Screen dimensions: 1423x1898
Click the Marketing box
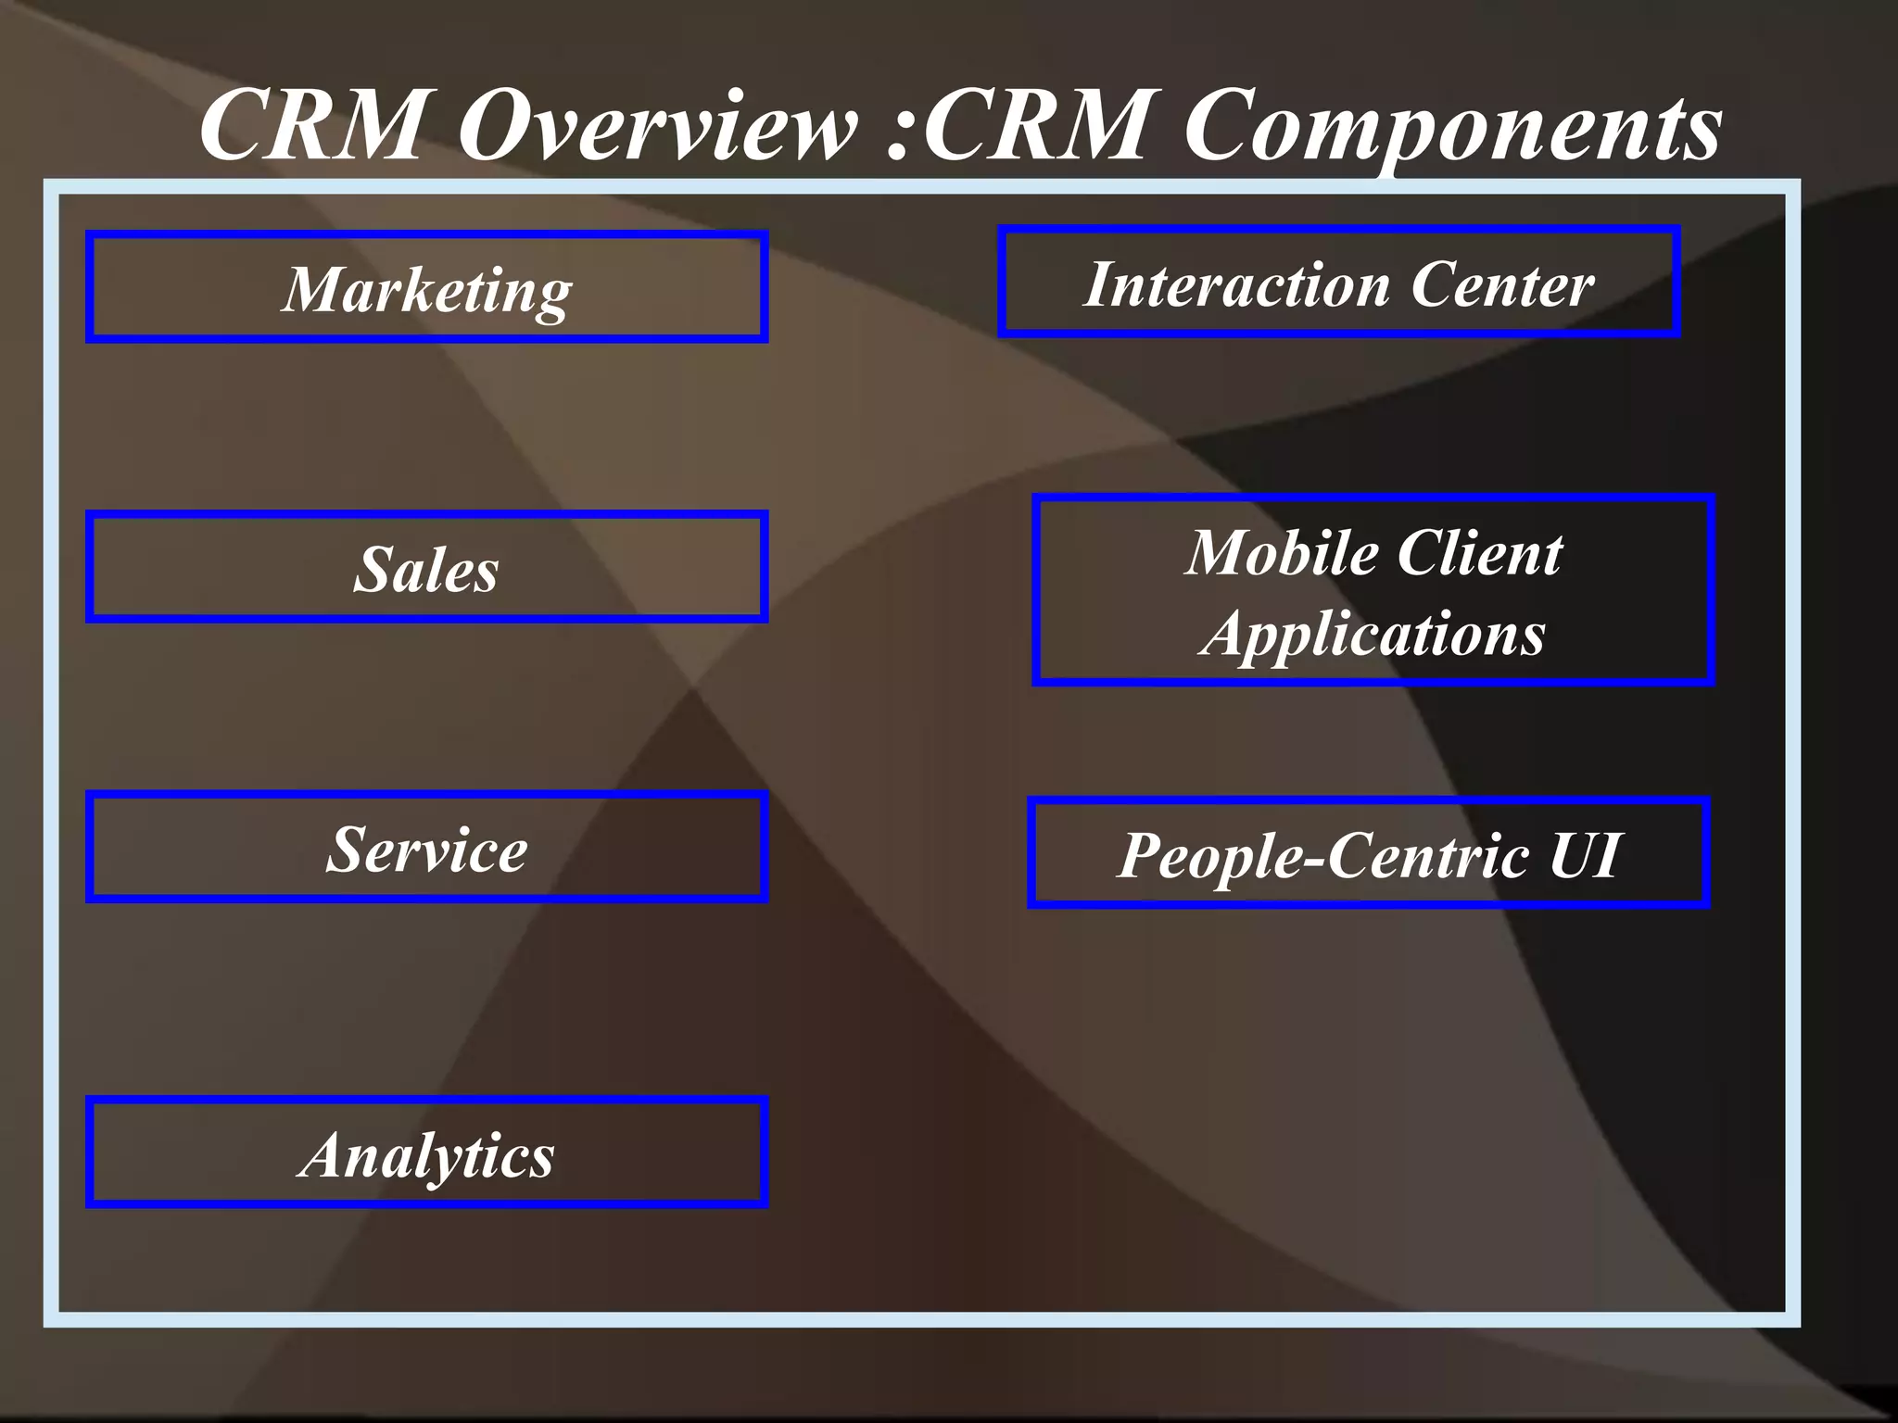coord(426,287)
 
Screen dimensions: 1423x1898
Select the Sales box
coord(426,567)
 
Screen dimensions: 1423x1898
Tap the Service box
coord(426,848)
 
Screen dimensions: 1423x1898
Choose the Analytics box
coord(426,1153)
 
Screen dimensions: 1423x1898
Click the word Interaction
coord(1236,284)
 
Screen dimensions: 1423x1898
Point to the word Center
coord(1502,284)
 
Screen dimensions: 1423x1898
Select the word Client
coord(1480,553)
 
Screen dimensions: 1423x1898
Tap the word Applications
coord(1373,635)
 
